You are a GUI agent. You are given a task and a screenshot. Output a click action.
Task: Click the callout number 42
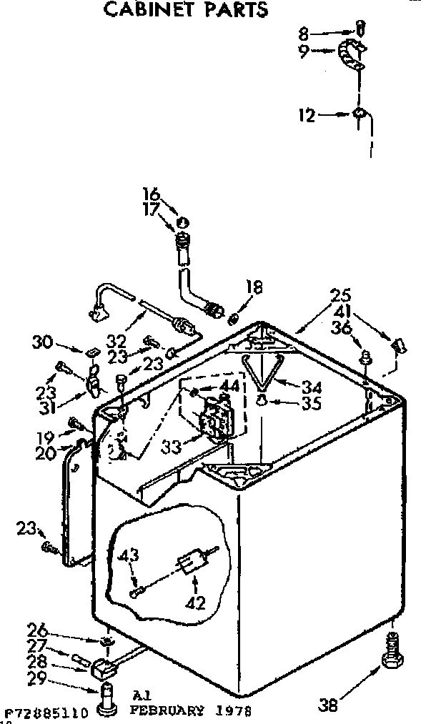coord(195,602)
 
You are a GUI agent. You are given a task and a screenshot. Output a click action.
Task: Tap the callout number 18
coord(254,287)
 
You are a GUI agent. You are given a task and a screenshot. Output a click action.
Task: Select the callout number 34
coord(311,387)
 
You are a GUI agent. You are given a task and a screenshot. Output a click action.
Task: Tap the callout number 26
coord(37,630)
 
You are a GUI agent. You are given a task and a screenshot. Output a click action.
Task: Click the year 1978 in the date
coord(233,711)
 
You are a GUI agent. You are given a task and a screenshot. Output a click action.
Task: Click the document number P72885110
coord(46,713)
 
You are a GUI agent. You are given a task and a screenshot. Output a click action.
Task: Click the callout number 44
coord(229,386)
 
